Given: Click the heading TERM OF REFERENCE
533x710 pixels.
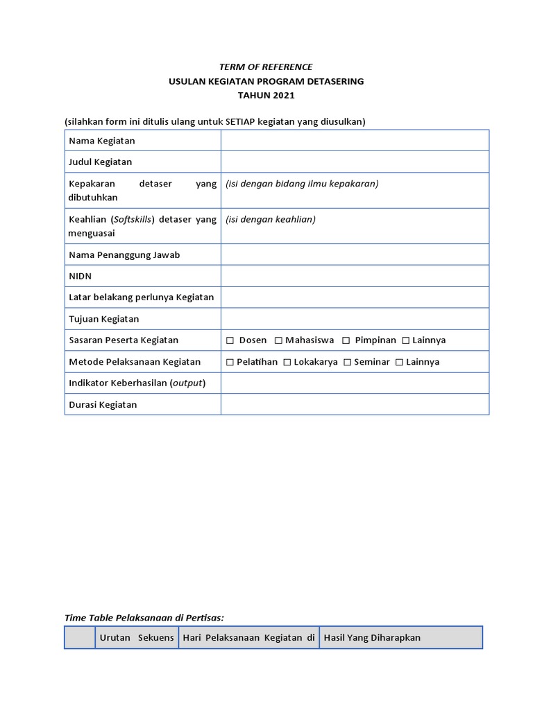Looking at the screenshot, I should (x=266, y=67).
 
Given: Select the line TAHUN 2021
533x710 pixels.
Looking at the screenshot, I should (x=266, y=95).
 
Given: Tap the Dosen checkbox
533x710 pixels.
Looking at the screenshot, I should (x=230, y=340).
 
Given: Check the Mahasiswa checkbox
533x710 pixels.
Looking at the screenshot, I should (x=278, y=340).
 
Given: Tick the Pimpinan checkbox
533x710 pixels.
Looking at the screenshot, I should (x=346, y=340).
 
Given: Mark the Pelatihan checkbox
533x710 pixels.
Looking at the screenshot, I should (x=230, y=362).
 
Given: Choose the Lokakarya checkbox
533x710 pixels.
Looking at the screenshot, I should (x=287, y=362).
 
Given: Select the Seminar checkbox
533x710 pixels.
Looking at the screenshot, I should (x=348, y=362).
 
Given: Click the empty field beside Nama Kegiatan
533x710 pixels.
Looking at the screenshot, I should (x=355, y=141).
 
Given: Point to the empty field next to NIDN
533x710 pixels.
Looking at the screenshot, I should (x=355, y=276).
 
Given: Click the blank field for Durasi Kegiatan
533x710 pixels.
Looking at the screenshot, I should (x=355, y=404).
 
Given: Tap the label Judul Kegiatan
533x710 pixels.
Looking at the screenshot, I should (x=101, y=162).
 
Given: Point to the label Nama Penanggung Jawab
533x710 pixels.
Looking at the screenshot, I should (x=124, y=255).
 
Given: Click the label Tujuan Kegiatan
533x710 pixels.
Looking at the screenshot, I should (x=104, y=319).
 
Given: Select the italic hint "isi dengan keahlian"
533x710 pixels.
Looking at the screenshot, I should (x=271, y=220).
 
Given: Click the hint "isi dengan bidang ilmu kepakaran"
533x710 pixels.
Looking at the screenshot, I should (x=302, y=184).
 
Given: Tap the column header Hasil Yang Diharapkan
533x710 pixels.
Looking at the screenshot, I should (x=372, y=638).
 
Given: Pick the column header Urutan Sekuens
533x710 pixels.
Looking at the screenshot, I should (x=137, y=638).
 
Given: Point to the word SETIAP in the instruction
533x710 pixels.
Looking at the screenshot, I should (x=240, y=122).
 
